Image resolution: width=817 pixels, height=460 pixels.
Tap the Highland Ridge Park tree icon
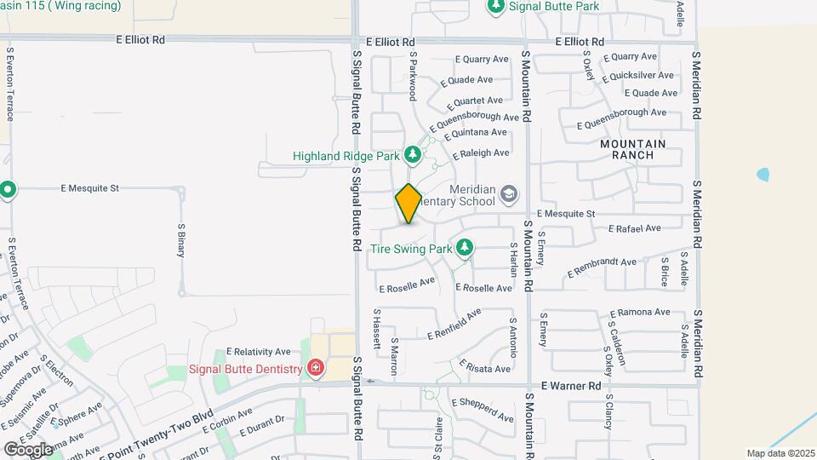pyautogui.click(x=413, y=154)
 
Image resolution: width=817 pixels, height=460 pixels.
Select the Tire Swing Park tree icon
pyautogui.click(x=464, y=248)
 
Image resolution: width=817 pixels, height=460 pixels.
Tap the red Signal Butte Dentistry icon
pyautogui.click(x=316, y=368)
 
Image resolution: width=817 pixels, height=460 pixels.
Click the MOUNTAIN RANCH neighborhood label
pyautogui.click(x=638, y=150)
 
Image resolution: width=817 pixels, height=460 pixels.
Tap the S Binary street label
pyautogui.click(x=181, y=240)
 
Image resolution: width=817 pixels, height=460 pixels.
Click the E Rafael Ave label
pyautogui.click(x=635, y=228)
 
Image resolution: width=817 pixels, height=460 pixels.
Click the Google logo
pyautogui.click(x=28, y=448)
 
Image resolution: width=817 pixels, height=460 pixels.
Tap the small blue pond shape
pyautogui.click(x=763, y=175)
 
